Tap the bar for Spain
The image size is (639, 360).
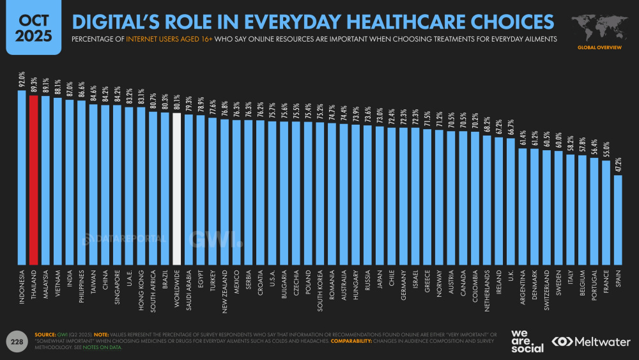click(x=618, y=220)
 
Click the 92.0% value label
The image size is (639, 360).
click(x=21, y=81)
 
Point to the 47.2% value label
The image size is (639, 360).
click(x=618, y=165)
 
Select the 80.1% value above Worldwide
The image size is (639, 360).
click(x=177, y=105)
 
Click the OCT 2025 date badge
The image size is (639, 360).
click(x=29, y=27)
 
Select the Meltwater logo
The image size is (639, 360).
click(x=591, y=342)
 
